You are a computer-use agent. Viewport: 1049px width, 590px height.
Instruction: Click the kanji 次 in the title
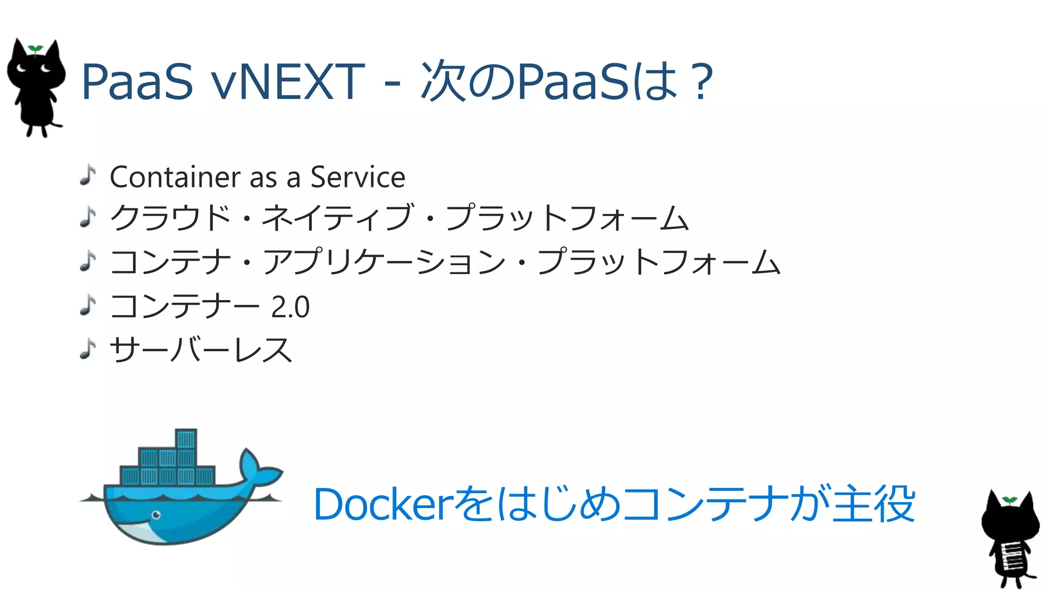tap(443, 81)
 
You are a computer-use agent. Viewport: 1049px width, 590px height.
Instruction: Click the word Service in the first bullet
tap(358, 177)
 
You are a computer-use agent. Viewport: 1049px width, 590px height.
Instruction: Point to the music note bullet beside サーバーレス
tap(88, 349)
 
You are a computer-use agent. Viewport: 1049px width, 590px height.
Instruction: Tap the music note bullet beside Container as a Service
tap(88, 175)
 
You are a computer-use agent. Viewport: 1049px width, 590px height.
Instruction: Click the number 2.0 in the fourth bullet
tap(290, 307)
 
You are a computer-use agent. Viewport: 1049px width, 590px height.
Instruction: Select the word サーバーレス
tap(201, 350)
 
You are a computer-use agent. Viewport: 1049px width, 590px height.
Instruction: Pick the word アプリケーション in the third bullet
tap(384, 262)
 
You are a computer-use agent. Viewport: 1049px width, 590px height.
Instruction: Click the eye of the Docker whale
tap(156, 515)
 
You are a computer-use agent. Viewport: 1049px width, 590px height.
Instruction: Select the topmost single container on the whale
tap(186, 439)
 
